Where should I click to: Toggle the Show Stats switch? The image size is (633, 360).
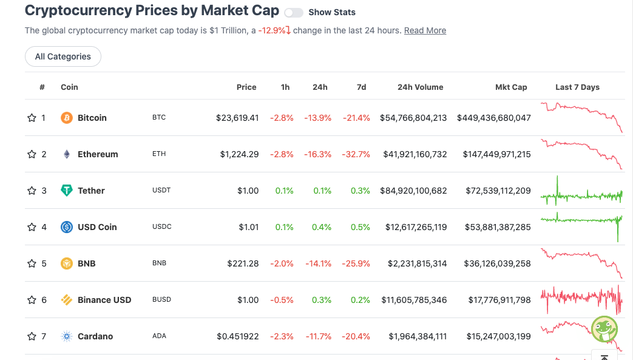click(294, 13)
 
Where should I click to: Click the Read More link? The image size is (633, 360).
click(425, 31)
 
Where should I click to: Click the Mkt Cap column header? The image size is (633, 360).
click(511, 87)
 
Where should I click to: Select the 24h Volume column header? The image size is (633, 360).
click(420, 87)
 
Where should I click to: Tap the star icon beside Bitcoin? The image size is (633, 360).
click(32, 118)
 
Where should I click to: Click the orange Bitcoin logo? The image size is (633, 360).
click(67, 118)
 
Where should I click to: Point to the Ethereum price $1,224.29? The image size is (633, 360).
click(239, 154)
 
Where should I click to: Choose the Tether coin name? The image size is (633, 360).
click(91, 191)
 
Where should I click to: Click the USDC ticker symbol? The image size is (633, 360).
click(162, 226)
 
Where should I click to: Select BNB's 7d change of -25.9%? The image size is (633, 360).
click(356, 263)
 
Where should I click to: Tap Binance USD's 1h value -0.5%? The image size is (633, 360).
click(282, 300)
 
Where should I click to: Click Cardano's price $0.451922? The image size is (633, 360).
click(238, 336)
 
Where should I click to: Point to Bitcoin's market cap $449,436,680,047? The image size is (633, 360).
click(494, 118)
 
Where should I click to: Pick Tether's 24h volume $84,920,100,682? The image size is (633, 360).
click(413, 191)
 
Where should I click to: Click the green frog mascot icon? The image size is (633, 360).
click(604, 329)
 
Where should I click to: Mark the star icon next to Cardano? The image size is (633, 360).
click(32, 336)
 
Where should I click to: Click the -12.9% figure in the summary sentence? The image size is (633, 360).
click(272, 31)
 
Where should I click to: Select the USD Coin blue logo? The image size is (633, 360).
click(67, 227)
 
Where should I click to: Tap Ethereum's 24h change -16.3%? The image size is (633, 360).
click(317, 154)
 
